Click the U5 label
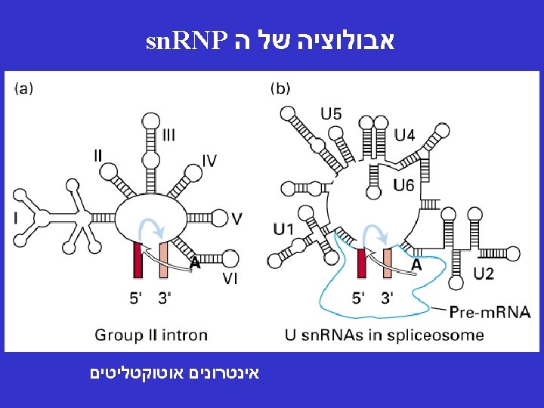[331, 115]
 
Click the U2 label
[484, 273]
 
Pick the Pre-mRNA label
[490, 311]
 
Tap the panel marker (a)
[23, 88]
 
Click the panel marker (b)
[280, 88]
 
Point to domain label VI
[232, 279]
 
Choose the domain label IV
[209, 160]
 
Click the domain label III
[169, 135]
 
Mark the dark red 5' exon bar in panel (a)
[138, 261]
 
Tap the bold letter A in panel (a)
[195, 263]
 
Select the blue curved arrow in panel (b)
[376, 236]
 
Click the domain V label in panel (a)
[236, 218]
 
